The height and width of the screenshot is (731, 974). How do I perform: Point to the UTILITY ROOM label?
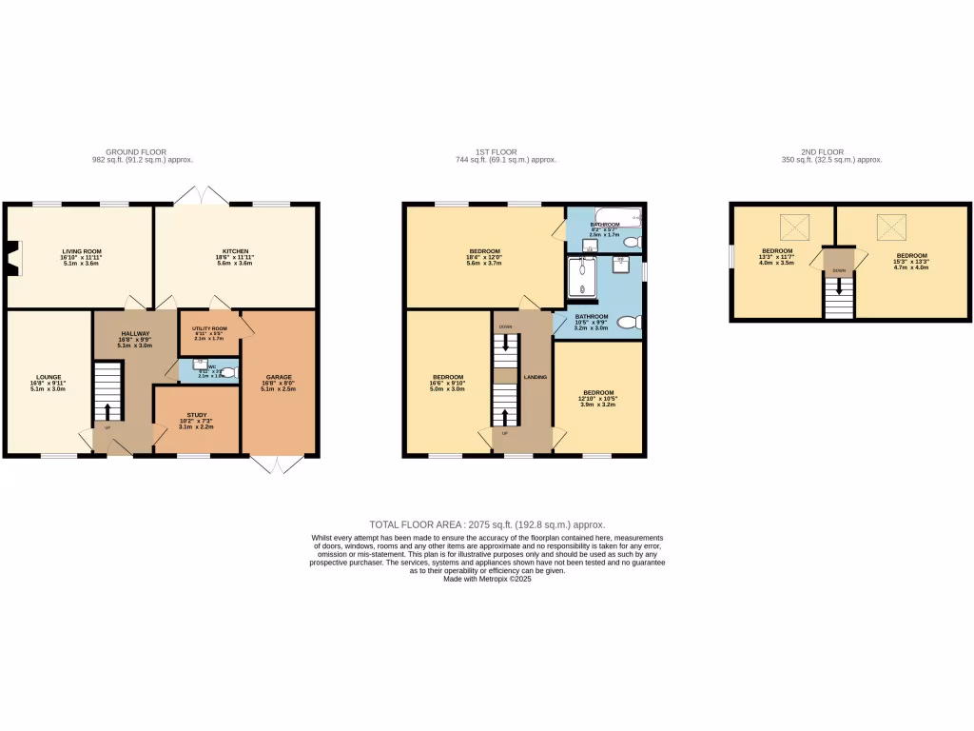(x=209, y=327)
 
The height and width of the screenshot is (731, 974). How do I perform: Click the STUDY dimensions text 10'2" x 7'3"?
(x=196, y=421)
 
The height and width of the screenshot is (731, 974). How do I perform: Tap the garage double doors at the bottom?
(x=277, y=464)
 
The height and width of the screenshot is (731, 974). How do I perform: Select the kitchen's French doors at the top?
(x=201, y=194)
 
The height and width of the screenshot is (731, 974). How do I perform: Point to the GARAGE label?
(x=279, y=377)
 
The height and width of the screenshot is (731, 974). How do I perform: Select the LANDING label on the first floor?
(x=536, y=377)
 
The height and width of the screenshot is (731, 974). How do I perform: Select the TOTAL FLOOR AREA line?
(x=487, y=524)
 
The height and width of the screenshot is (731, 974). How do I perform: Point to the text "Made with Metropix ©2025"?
(x=487, y=579)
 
